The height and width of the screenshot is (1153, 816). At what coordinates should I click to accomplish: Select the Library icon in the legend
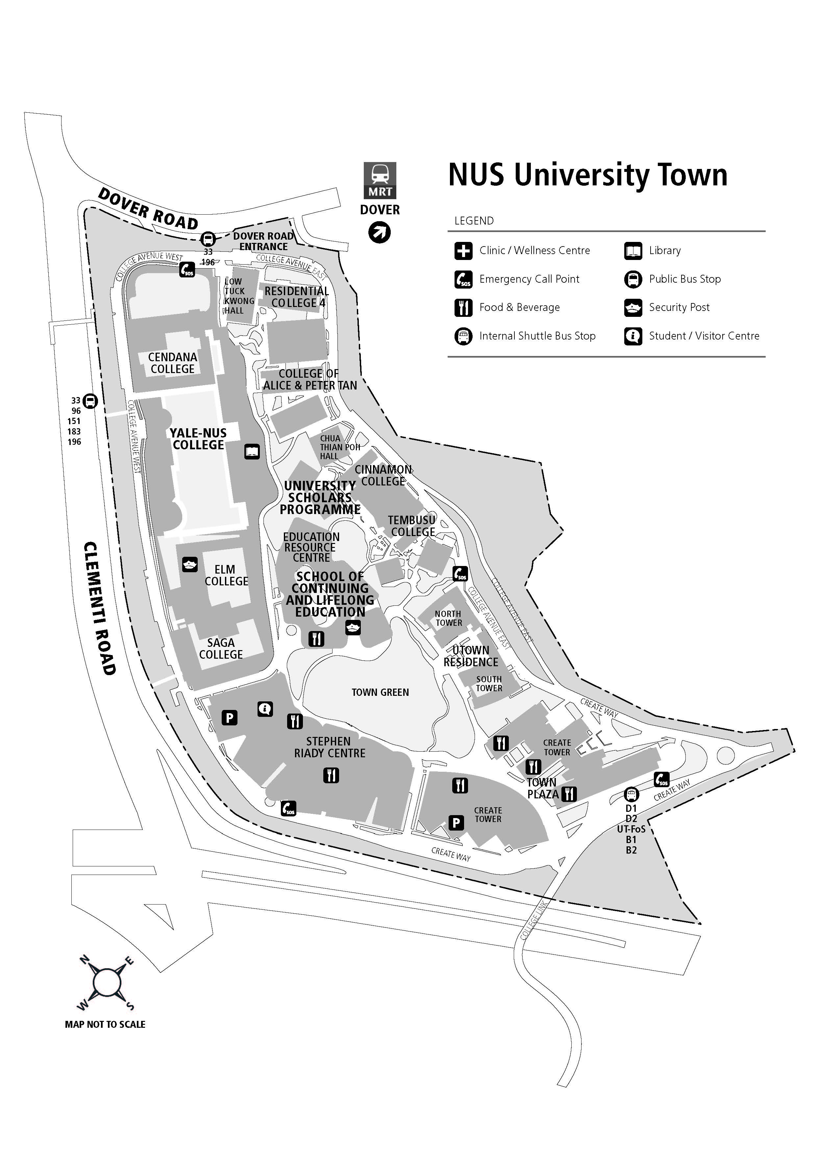point(633,250)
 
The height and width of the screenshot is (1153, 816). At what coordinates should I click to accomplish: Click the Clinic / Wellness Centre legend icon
point(463,250)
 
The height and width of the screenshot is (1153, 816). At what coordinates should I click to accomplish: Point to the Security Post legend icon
point(633,307)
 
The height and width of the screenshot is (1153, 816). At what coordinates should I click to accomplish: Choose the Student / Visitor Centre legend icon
point(633,336)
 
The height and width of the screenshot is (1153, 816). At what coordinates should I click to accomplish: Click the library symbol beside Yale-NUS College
point(252,452)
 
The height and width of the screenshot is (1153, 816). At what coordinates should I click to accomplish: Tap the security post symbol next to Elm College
point(189,564)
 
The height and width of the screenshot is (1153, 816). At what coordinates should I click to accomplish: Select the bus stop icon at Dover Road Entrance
point(208,239)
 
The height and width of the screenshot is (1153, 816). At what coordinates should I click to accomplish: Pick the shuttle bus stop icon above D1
point(631,794)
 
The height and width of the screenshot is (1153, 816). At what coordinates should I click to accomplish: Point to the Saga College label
point(221,648)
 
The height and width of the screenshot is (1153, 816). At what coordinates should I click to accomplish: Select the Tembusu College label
point(412,526)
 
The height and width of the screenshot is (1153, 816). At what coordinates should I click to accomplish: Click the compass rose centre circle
point(106,983)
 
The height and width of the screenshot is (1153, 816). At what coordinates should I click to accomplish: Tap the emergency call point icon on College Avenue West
point(187,270)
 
